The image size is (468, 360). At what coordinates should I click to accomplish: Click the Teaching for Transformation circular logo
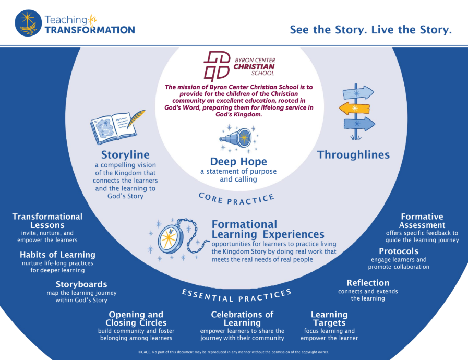29,23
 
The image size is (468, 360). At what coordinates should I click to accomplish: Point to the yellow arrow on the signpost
357,108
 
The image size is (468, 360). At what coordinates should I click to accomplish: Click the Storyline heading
125,155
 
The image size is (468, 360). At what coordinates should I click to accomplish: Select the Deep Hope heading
238,161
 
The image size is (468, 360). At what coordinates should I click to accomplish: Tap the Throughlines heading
353,154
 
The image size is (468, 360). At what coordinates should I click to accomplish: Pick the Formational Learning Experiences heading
268,229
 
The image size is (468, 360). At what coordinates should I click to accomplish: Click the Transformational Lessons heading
47,221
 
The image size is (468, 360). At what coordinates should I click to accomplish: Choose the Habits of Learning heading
57,255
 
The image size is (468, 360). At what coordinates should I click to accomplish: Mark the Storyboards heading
81,284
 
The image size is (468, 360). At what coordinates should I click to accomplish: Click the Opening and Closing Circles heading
136,318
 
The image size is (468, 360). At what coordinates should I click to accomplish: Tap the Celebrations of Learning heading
242,318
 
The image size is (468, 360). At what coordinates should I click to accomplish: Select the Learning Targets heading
329,318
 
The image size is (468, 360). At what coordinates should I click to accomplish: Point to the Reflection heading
368,283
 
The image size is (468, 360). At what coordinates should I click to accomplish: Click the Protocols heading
399,251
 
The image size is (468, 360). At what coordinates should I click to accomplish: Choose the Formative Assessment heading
422,221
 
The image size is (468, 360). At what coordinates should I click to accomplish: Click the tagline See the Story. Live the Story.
370,30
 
